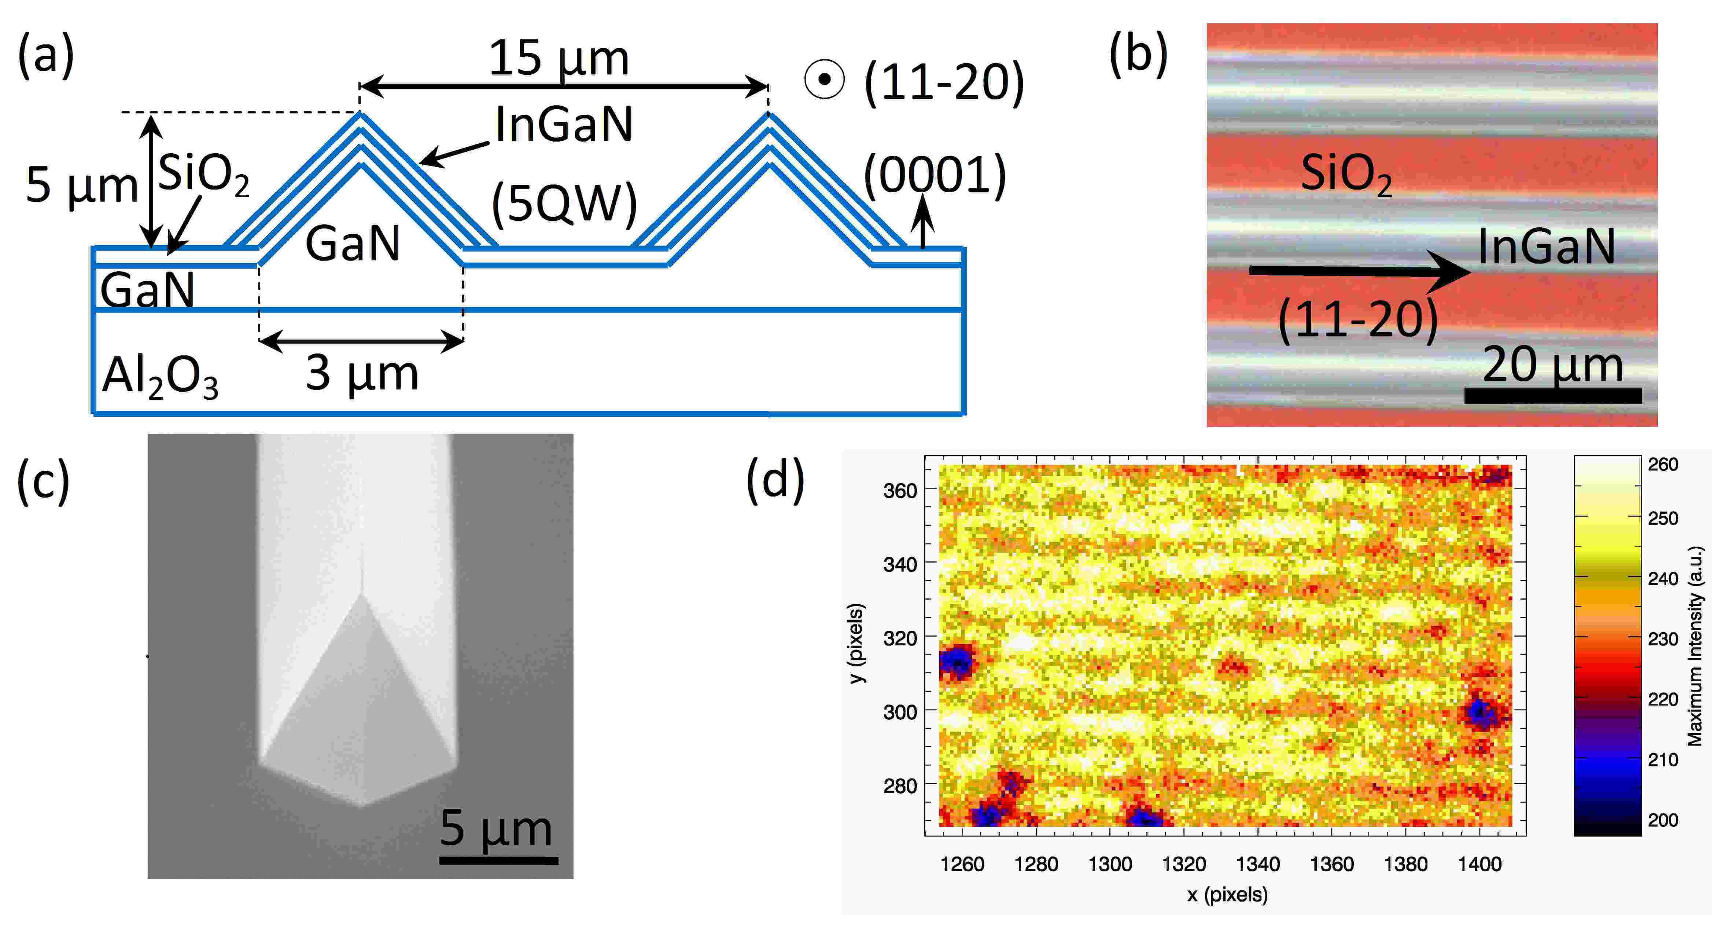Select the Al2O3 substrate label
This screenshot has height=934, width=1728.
160,378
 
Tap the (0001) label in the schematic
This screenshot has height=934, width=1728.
935,176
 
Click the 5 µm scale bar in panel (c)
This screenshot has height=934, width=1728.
498,859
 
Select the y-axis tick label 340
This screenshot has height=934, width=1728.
900,564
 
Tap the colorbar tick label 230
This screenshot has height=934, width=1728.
1663,639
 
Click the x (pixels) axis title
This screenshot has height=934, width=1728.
1227,894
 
